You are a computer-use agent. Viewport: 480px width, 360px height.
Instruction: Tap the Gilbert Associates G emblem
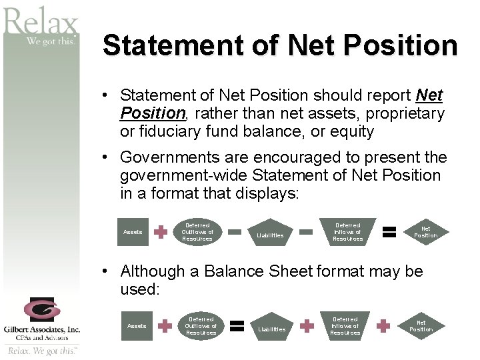tap(41, 310)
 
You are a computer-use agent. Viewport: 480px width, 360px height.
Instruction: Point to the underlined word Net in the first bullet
tap(429, 96)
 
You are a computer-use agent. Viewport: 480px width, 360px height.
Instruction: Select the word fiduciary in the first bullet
tap(154, 131)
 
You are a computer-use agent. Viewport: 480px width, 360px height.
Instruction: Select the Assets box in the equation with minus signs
tap(133, 232)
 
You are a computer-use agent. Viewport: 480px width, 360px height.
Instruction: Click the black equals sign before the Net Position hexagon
tap(390, 232)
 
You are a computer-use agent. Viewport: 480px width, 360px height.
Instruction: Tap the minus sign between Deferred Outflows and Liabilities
tap(235, 232)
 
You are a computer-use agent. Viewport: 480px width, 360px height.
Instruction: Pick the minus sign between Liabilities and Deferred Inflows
tap(306, 232)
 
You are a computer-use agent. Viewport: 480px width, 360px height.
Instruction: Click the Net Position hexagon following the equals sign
tap(425, 232)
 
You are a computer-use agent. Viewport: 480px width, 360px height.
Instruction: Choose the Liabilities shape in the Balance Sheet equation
tap(271, 327)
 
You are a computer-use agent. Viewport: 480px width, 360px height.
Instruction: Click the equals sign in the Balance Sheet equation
tap(235, 326)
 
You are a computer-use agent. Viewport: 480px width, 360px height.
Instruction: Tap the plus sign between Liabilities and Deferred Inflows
tap(307, 326)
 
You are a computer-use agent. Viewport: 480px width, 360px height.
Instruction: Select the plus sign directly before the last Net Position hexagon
tap(383, 326)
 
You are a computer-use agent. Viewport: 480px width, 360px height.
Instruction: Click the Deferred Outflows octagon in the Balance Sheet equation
tap(201, 326)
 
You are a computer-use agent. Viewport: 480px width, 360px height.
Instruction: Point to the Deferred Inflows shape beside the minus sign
tap(347, 232)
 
